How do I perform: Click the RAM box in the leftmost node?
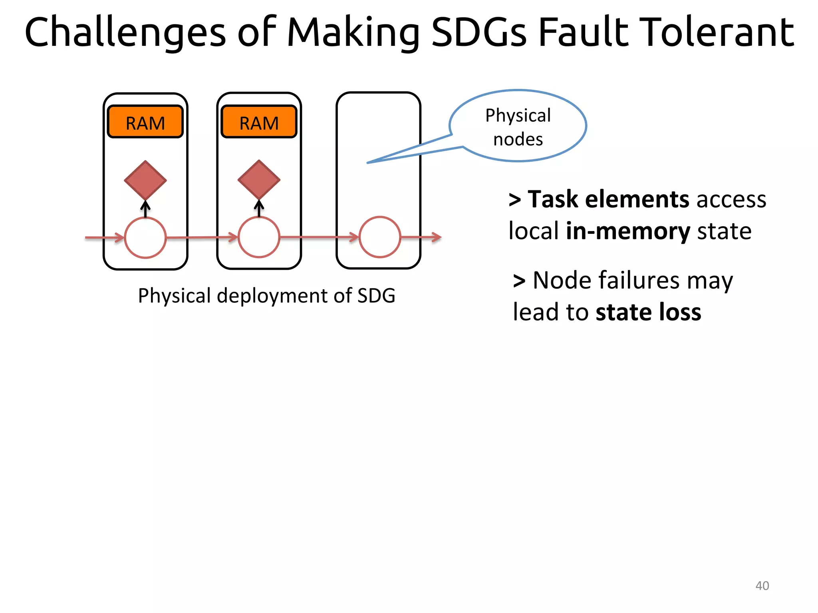click(x=145, y=122)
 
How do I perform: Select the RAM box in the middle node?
click(x=259, y=122)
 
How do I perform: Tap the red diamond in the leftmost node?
click(x=145, y=180)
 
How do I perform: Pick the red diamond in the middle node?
click(x=259, y=180)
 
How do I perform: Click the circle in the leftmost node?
click(x=145, y=238)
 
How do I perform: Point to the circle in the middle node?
click(x=259, y=237)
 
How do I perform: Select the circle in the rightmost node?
click(x=379, y=237)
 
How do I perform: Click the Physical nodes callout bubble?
click(x=518, y=126)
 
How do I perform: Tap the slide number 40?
click(x=762, y=585)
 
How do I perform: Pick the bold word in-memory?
click(x=628, y=231)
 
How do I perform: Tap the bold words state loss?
click(x=648, y=312)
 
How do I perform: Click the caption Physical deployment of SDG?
click(x=266, y=296)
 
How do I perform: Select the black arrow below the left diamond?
click(x=145, y=209)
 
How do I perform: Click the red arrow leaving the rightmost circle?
click(x=421, y=237)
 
